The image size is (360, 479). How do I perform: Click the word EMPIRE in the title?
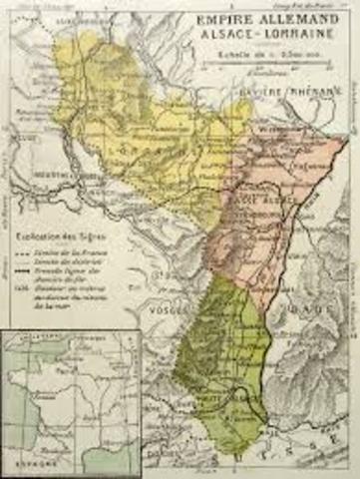[x=224, y=17]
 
